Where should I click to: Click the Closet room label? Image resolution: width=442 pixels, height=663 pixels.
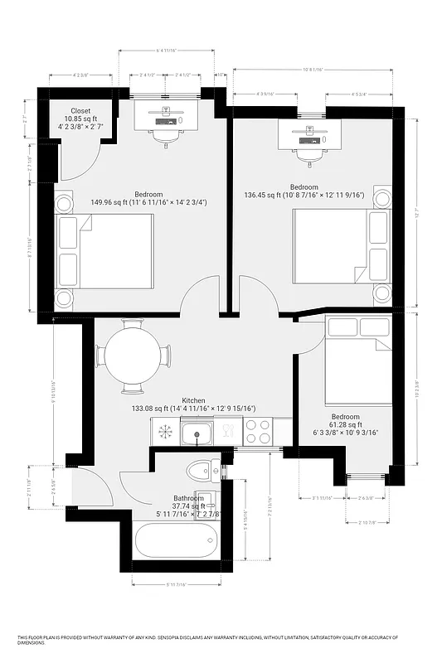coord(80,110)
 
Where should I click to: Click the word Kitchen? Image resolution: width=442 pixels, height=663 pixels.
coord(195,399)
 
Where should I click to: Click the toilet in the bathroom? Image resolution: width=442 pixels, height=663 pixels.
coord(200,472)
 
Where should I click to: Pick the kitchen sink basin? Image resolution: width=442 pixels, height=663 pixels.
coord(197,432)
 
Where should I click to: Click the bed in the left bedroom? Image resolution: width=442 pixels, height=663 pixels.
coord(106,255)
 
